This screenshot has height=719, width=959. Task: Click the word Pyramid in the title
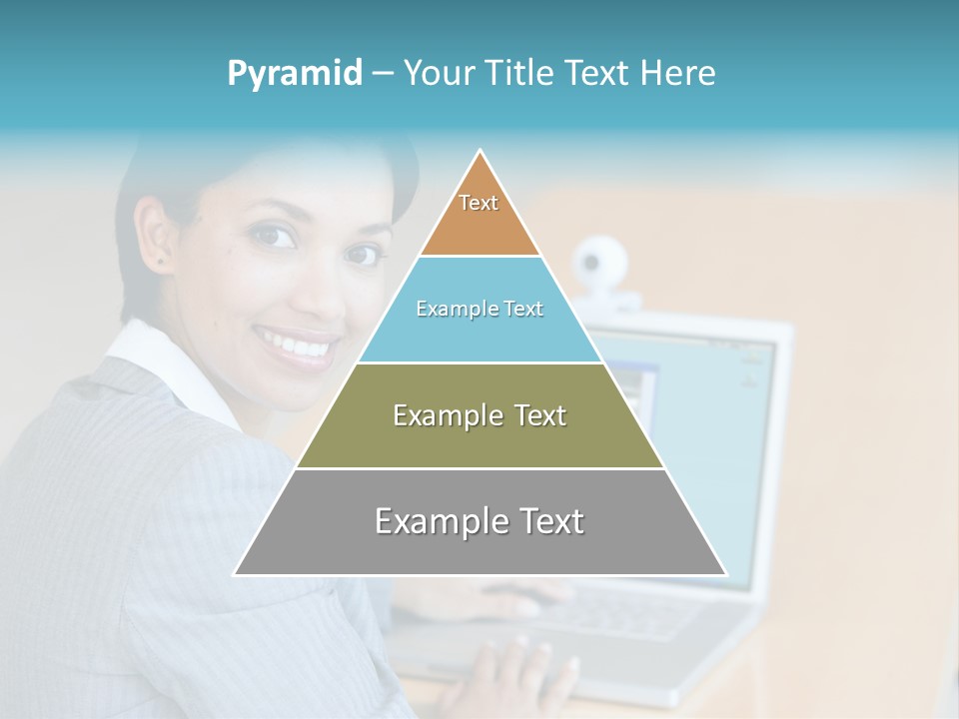pos(294,73)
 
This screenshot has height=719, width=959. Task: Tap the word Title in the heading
pos(518,73)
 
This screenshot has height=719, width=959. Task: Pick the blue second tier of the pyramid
pos(479,335)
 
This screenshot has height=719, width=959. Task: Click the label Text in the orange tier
pos(479,203)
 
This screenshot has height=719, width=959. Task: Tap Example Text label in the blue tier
pos(479,309)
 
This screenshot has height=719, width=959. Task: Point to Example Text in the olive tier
pos(479,415)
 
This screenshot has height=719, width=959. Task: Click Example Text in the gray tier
pos(479,521)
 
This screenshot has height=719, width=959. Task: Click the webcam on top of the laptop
pos(600,263)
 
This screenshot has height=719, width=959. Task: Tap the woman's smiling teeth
pos(298,347)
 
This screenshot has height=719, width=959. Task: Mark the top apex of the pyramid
pos(480,152)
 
